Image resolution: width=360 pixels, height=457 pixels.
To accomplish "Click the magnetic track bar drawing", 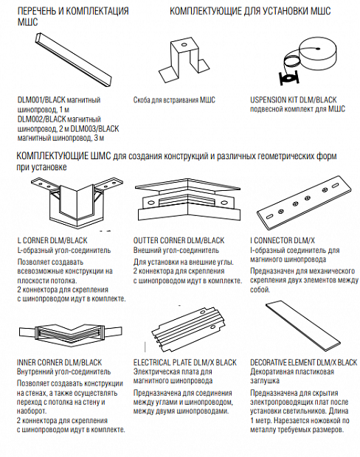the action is pyautogui.click(x=73, y=59).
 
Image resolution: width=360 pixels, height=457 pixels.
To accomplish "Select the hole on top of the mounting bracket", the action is pyautogui.click(x=184, y=45).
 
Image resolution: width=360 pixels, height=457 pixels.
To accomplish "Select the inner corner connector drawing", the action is pyautogui.click(x=70, y=332).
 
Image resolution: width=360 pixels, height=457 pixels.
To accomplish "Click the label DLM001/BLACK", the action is pyautogui.click(x=41, y=100).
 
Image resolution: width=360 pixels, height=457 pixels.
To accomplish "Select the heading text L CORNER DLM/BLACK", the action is pyautogui.click(x=52, y=240).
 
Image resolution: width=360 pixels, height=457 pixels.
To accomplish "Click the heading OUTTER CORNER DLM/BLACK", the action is pyautogui.click(x=179, y=240).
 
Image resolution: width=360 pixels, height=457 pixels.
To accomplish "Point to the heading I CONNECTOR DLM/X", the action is pyautogui.click(x=283, y=240).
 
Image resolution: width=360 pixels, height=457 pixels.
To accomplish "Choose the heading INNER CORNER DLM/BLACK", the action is pyautogui.click(x=60, y=363).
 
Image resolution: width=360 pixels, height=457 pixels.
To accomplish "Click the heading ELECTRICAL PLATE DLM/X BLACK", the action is pyautogui.click(x=185, y=363).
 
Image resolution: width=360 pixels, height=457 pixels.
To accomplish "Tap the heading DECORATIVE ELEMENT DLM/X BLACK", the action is pyautogui.click(x=304, y=363).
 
